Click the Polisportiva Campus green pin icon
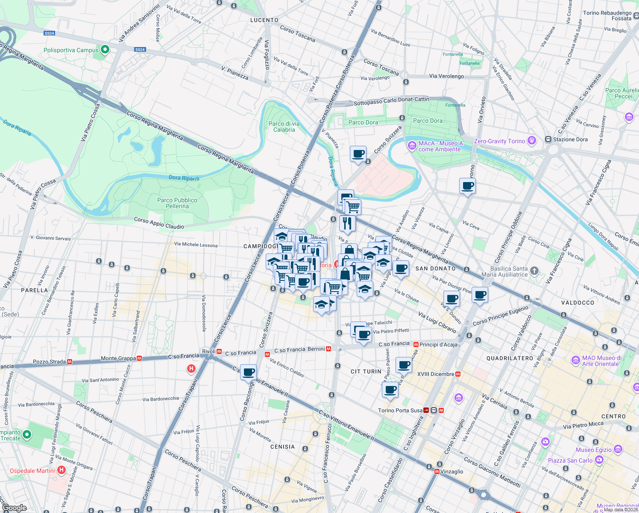105,50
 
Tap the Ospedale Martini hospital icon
62,470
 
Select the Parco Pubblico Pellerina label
177,203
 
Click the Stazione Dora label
570,139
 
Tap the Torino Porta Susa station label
400,410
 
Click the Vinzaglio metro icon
437,472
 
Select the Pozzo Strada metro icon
70,362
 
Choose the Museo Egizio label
593,450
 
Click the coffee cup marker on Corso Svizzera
358,153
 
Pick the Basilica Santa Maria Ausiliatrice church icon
534,271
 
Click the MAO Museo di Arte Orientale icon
575,360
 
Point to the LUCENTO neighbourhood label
264,20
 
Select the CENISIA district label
282,447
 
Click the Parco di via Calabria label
284,127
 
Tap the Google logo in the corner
14,507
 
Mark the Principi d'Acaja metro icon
416,344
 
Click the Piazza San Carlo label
570,460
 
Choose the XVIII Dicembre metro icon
458,374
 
